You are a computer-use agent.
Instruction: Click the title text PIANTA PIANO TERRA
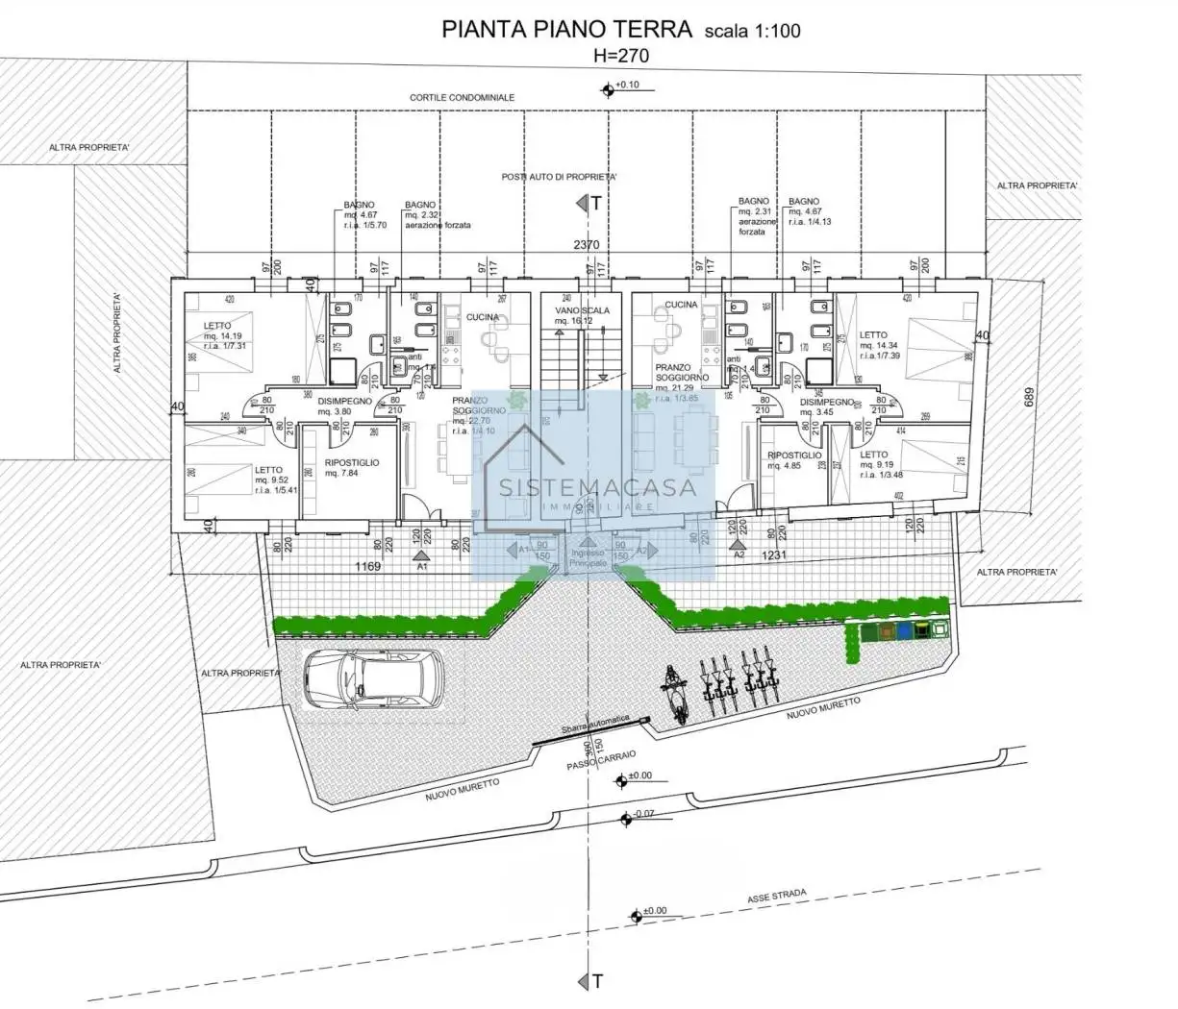(566, 29)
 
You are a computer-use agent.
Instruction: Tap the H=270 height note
(620, 56)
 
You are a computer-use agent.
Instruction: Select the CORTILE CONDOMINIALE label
(462, 98)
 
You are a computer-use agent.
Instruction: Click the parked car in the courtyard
(373, 678)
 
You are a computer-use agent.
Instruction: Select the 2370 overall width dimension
(586, 245)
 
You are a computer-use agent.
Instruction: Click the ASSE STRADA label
(777, 897)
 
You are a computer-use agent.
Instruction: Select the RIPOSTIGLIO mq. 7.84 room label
(352, 468)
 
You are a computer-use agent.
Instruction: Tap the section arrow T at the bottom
(592, 980)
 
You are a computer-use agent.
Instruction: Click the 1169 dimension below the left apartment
(367, 567)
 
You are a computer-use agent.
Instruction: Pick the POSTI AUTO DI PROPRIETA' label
(559, 177)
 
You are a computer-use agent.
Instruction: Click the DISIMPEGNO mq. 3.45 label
(826, 407)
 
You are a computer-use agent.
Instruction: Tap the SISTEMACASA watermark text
(596, 486)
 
